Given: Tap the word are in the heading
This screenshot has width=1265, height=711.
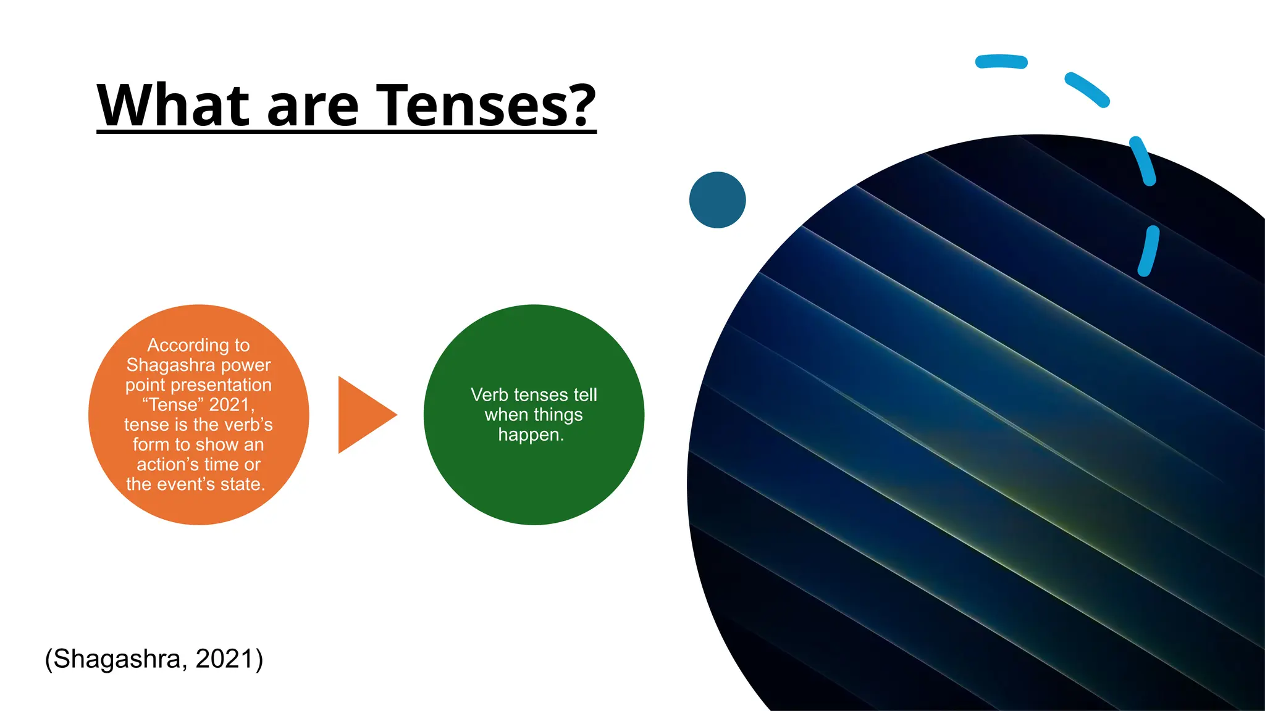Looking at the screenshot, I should (x=312, y=106).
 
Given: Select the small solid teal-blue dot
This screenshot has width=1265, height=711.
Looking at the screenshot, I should (x=717, y=200).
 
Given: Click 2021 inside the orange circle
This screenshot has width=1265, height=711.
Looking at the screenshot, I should (x=230, y=405).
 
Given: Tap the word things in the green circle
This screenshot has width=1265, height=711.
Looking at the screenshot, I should (x=558, y=415).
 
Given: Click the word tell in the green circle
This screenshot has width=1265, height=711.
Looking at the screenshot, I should (x=585, y=395).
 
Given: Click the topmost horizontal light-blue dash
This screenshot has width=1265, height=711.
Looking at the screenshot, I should (x=1001, y=62).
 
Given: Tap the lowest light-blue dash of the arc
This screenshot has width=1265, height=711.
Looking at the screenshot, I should (x=1148, y=251).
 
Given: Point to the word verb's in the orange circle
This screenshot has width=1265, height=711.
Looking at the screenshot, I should (x=246, y=425).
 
